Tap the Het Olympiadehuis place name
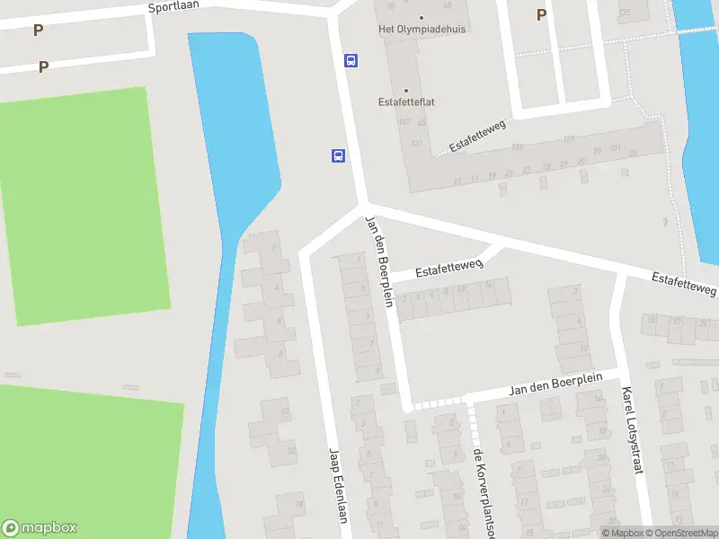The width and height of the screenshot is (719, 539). (422, 29)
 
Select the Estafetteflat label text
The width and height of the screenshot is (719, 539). (406, 102)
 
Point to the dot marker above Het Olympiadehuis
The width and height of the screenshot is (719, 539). (422, 17)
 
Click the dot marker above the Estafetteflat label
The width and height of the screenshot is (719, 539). (406, 90)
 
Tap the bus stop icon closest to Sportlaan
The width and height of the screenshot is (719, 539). (351, 61)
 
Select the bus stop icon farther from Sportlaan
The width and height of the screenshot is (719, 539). (338, 155)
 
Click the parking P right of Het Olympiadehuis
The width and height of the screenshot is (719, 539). (541, 14)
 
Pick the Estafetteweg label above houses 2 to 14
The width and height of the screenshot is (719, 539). (449, 268)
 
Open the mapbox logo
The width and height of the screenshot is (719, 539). (40, 528)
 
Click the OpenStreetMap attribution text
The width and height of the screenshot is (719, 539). (681, 533)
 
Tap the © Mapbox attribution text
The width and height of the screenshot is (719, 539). (622, 533)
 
